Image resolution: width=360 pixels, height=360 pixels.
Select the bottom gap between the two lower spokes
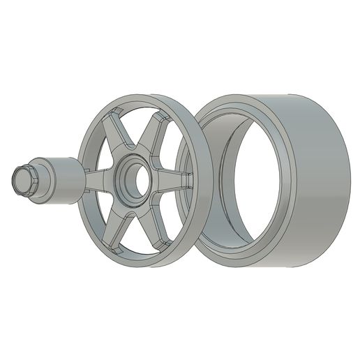(137, 237)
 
